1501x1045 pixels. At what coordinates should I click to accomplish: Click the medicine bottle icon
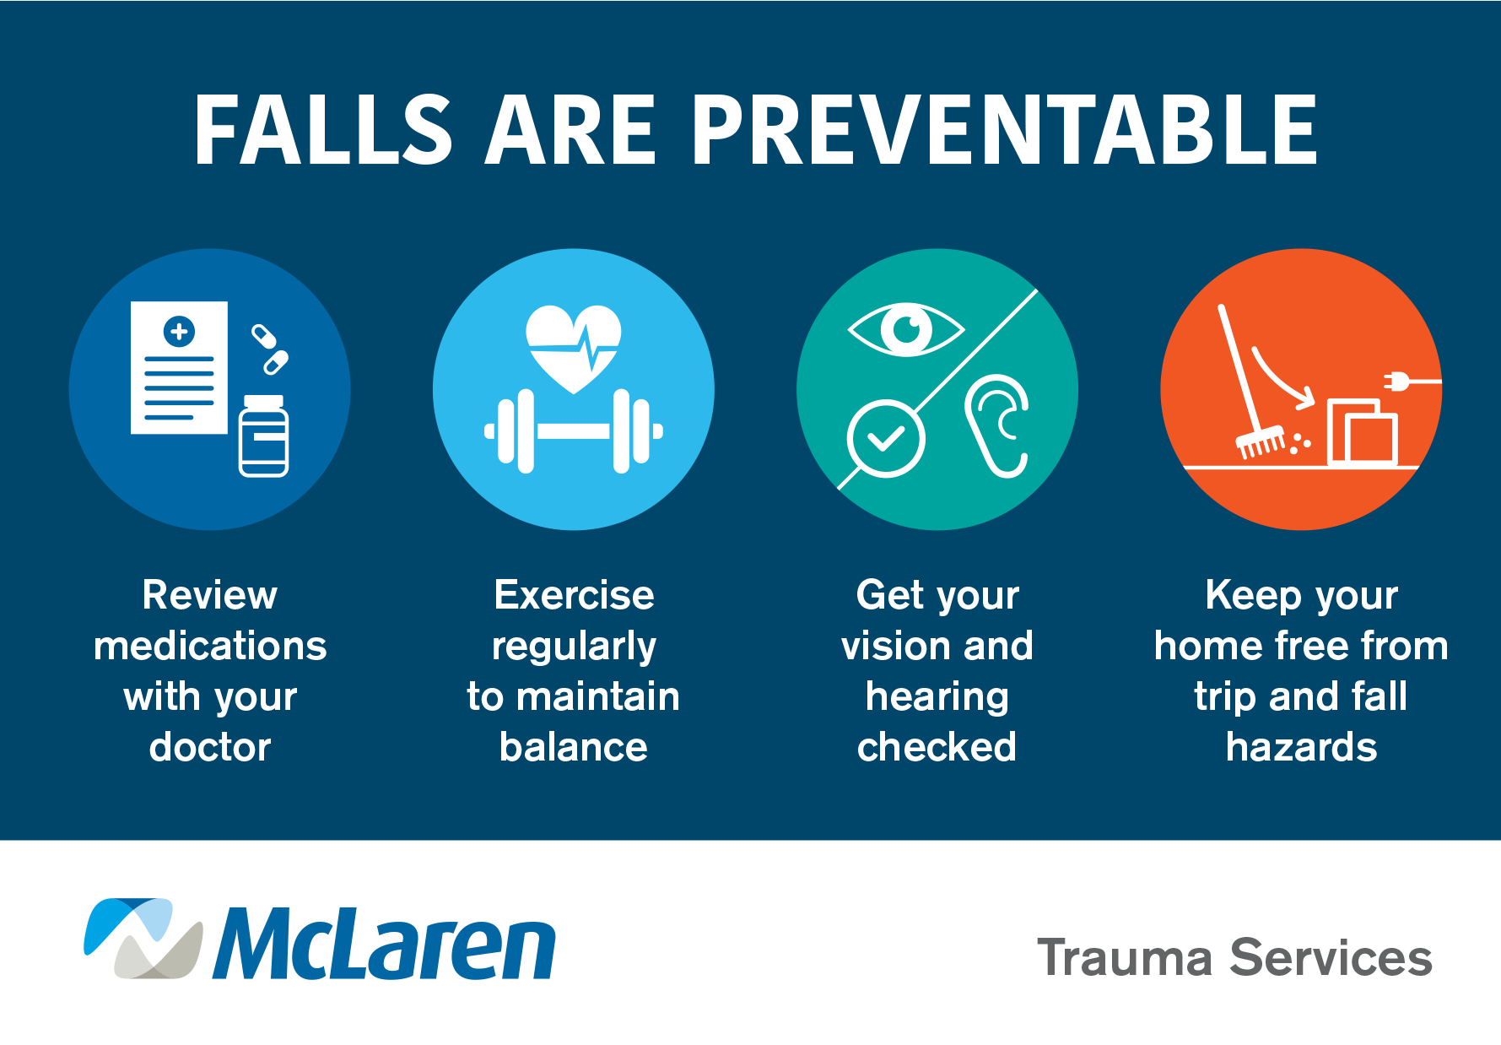coord(264,436)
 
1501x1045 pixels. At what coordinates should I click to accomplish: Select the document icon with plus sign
coord(179,368)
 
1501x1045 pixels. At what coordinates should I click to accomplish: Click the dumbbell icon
coord(574,431)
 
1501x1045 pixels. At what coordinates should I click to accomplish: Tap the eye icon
coord(906,329)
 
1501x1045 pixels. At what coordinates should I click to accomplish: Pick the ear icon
coord(997,425)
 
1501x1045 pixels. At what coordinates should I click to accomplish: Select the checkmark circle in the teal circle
coord(886,439)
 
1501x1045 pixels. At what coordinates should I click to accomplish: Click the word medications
coord(210,646)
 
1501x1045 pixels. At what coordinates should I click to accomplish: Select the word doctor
coord(210,747)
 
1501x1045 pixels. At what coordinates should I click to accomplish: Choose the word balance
coord(574,747)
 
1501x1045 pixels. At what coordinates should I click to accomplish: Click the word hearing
coord(937,698)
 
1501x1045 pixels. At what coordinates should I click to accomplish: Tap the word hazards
coord(1301,747)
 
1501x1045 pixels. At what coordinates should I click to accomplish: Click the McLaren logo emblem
coord(143,939)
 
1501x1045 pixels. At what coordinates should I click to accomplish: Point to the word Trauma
coord(1125,958)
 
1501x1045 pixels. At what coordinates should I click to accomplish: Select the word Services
coord(1331,958)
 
